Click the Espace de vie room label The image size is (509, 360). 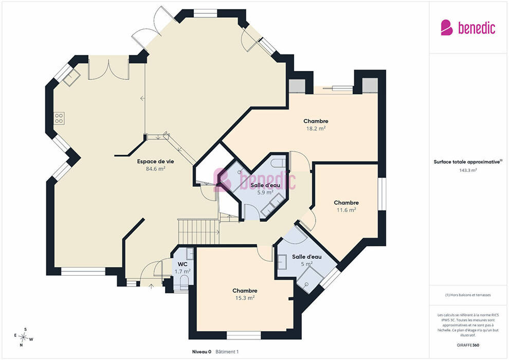pyautogui.click(x=155, y=161)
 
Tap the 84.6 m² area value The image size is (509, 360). pyautogui.click(x=155, y=169)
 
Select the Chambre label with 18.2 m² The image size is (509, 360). pyautogui.click(x=316, y=121)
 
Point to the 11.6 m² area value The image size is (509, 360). pyautogui.click(x=347, y=210)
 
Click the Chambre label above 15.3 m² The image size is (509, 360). pyautogui.click(x=245, y=291)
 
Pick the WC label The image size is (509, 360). pyautogui.click(x=183, y=264)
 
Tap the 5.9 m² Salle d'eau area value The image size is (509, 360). pyautogui.click(x=265, y=192)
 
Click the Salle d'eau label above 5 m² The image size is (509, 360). pyautogui.click(x=307, y=257)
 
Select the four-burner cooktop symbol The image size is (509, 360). pyautogui.click(x=59, y=118)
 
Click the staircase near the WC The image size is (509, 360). pyautogui.click(x=198, y=232)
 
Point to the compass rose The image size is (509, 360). pyautogui.click(x=23, y=337)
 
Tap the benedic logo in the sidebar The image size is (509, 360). pyautogui.click(x=468, y=28)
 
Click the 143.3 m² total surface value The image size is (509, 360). pyautogui.click(x=468, y=170)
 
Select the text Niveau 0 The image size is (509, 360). pyautogui.click(x=202, y=352)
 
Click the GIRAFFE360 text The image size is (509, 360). pyautogui.click(x=468, y=345)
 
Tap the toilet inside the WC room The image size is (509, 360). pyautogui.click(x=185, y=282)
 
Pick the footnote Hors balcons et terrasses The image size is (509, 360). pyautogui.click(x=468, y=295)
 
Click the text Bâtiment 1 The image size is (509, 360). pyautogui.click(x=227, y=352)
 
